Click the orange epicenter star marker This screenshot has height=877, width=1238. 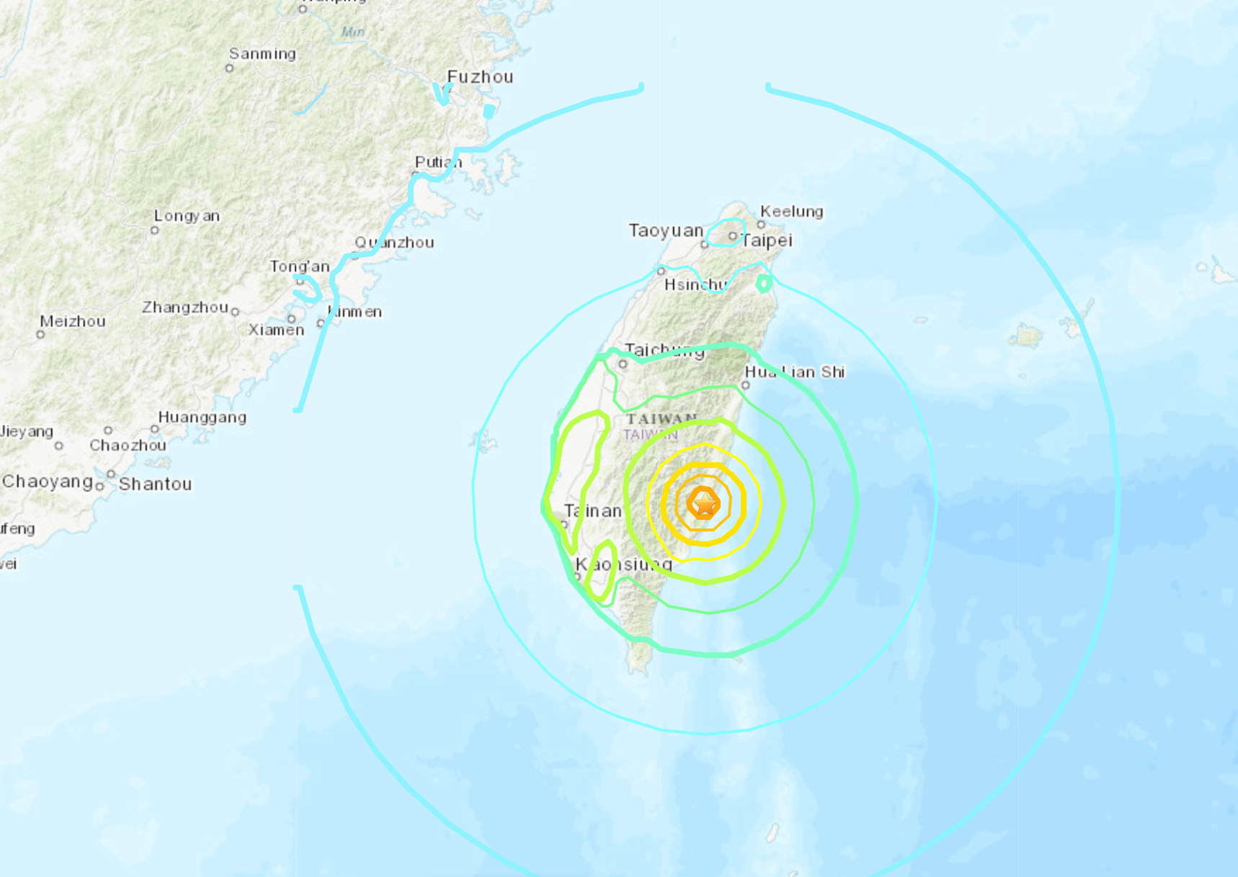[703, 503]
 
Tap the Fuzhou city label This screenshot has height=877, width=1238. [480, 77]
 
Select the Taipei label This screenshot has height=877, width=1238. [767, 240]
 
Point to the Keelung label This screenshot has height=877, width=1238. [791, 211]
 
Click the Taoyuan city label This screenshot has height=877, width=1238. [666, 230]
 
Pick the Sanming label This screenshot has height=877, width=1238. [262, 54]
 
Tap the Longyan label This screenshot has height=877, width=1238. [187, 216]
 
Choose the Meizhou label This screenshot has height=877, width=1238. [73, 321]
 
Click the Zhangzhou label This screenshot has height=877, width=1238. [185, 307]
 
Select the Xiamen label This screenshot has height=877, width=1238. [276, 330]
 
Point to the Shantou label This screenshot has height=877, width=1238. [156, 484]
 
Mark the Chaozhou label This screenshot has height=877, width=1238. [128, 445]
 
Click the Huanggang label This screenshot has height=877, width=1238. [202, 417]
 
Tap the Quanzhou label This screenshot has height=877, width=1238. [394, 243]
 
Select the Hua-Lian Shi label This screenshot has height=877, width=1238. [794, 372]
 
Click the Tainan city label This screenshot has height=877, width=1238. [592, 511]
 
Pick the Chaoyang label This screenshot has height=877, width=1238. [48, 481]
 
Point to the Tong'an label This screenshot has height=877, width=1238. [299, 266]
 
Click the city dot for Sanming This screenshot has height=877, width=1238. [229, 68]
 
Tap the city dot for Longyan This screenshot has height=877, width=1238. [154, 230]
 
